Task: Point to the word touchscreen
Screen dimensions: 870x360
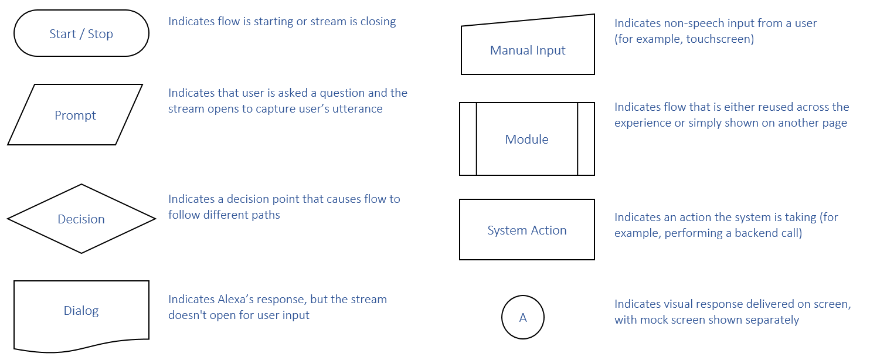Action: [x=719, y=39]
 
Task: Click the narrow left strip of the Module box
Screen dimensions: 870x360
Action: [x=468, y=139]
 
